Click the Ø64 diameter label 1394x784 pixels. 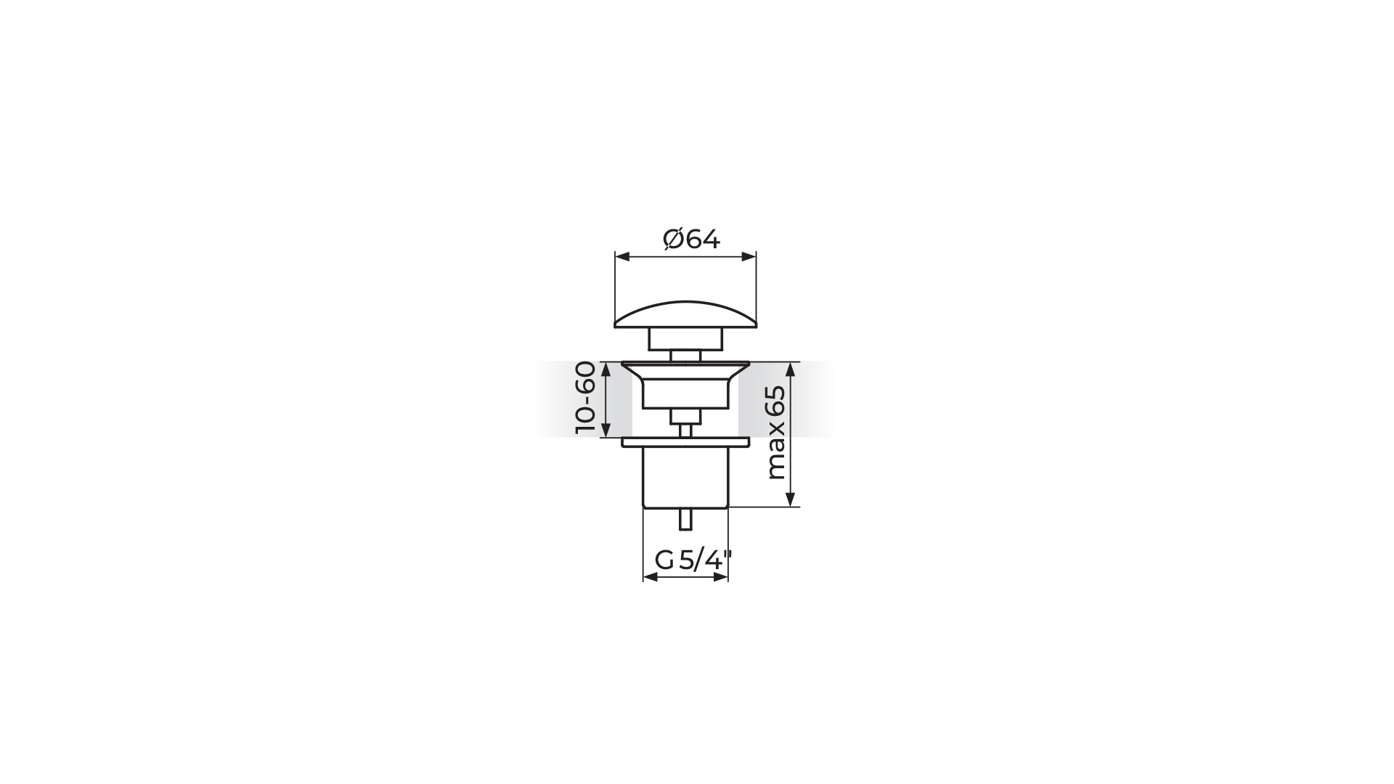[x=691, y=239]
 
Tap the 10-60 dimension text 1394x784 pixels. [x=585, y=399]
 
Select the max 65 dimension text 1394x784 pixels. [x=776, y=433]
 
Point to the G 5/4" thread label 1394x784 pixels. [x=693, y=560]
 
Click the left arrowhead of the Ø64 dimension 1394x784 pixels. [x=621, y=256]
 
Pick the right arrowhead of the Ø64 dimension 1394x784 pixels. [x=749, y=256]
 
